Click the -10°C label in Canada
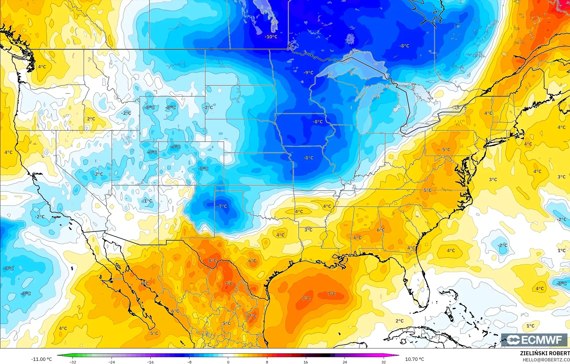(271, 37)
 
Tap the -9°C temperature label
(308, 73)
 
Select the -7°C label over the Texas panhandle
(222, 206)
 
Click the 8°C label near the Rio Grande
(212, 261)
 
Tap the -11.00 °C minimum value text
(41, 359)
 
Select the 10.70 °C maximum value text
(415, 359)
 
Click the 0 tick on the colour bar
(228, 362)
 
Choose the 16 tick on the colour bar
(306, 362)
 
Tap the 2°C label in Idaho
(91, 119)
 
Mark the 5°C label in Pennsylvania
(446, 150)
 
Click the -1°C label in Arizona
(147, 201)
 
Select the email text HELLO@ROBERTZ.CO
(546, 360)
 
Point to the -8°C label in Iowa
(317, 122)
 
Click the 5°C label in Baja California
(154, 333)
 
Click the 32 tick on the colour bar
(383, 362)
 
